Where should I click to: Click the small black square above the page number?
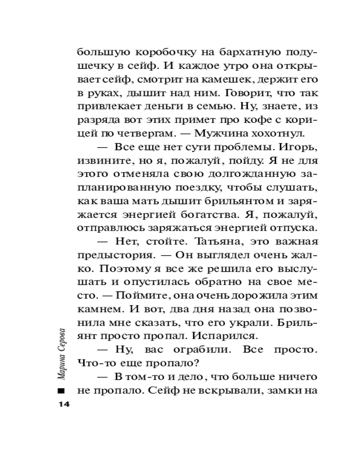[x=63, y=390]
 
